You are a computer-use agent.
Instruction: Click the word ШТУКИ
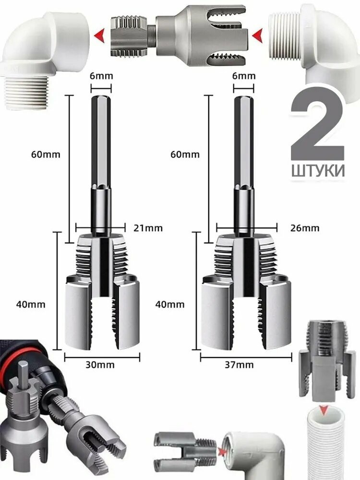(x=318, y=170)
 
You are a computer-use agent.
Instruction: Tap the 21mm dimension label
(x=147, y=228)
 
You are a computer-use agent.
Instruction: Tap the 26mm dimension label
(x=304, y=228)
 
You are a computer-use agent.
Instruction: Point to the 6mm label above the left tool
(x=101, y=75)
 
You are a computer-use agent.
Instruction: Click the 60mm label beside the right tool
(x=185, y=155)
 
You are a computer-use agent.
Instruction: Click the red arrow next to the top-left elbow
(x=100, y=35)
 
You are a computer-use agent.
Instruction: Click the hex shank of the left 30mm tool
(x=101, y=144)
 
